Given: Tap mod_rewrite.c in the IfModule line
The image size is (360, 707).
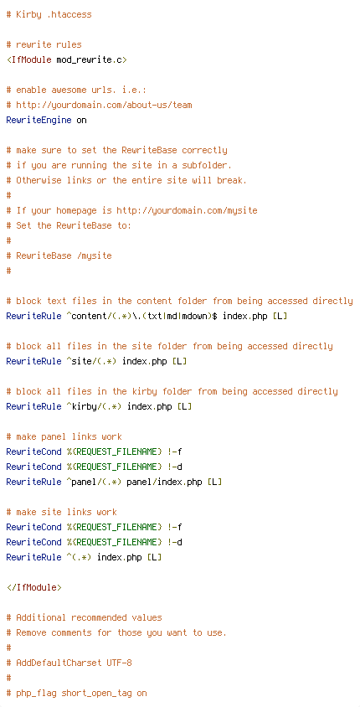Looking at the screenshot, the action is click(x=89, y=60).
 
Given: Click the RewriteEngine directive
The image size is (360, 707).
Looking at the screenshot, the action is click(x=39, y=120).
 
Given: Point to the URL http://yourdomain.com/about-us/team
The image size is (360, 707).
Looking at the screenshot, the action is click(x=104, y=105).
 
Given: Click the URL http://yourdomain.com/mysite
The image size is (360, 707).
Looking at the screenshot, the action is click(x=187, y=210).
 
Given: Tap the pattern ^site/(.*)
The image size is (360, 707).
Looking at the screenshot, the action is click(x=91, y=361).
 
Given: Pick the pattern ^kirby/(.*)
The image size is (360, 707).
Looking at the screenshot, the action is click(x=94, y=406).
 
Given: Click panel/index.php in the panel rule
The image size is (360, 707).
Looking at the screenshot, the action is click(x=164, y=482).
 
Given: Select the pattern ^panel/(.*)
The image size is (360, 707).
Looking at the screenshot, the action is click(x=94, y=482).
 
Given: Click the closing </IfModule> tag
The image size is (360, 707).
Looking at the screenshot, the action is click(x=33, y=587).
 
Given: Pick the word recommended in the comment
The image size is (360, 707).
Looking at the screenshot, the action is click(x=99, y=617).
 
